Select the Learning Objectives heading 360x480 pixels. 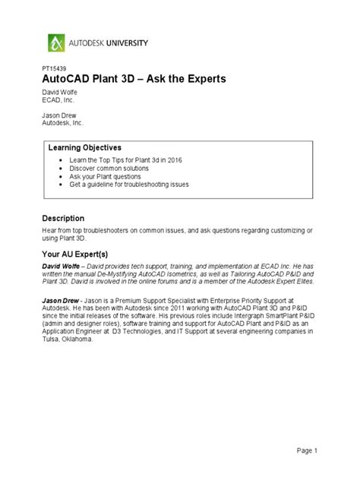[x=85, y=146]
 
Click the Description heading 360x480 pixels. [x=63, y=218]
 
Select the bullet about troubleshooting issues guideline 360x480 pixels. [x=128, y=184]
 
